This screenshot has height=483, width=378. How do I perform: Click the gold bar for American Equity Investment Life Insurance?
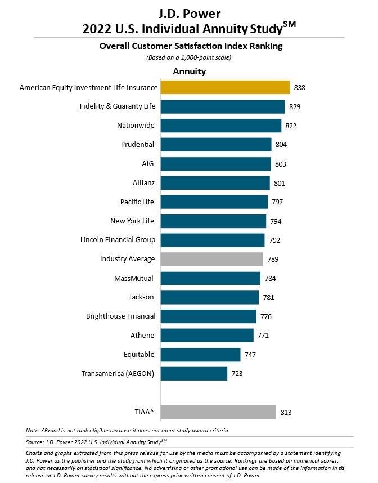pos(225,87)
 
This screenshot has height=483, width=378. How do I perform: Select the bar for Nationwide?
pos(220,126)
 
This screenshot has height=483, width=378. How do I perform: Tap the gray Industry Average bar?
pos(211,259)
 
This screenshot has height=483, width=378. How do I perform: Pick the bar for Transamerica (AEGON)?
pos(194,373)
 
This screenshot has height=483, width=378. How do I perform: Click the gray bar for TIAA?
pos(218,412)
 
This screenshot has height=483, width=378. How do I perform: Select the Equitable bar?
pos(200,354)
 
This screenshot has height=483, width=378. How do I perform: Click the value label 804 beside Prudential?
pos(281,145)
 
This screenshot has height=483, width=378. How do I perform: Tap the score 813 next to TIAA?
pos(286,413)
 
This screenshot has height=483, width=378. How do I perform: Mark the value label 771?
pos(263,336)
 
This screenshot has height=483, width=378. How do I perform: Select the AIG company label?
pos(148,164)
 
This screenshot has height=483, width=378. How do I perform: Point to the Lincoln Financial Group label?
pos(118,240)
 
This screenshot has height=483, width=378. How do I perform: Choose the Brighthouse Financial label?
pos(120,316)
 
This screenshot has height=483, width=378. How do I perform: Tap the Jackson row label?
pos(142,297)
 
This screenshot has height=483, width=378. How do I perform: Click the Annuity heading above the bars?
pos(189,71)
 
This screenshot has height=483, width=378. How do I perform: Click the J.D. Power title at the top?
pos(188,13)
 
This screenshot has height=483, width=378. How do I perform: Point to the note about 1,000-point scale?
pos(189,58)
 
